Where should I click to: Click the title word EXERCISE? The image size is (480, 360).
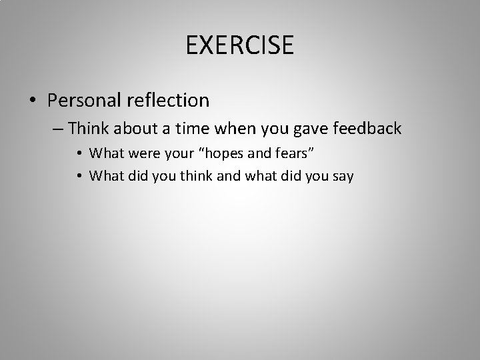click(x=240, y=45)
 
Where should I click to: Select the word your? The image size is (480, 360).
click(x=171, y=154)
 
